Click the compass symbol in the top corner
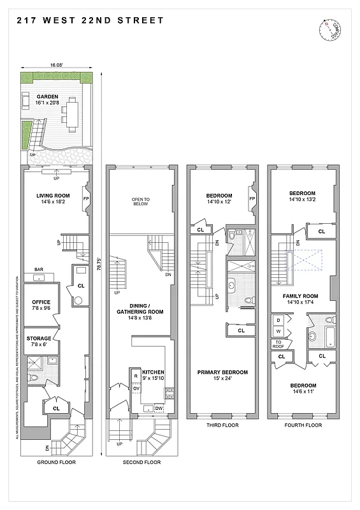pos(331,29)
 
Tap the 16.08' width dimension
pos(57,65)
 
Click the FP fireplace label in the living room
pos(87,198)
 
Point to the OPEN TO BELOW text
pos(140,201)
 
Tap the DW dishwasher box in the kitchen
pos(159,407)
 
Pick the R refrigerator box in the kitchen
pos(136,376)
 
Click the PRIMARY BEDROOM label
pos(222,375)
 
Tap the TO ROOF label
pos(278,345)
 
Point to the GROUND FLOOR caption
pos(53,462)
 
